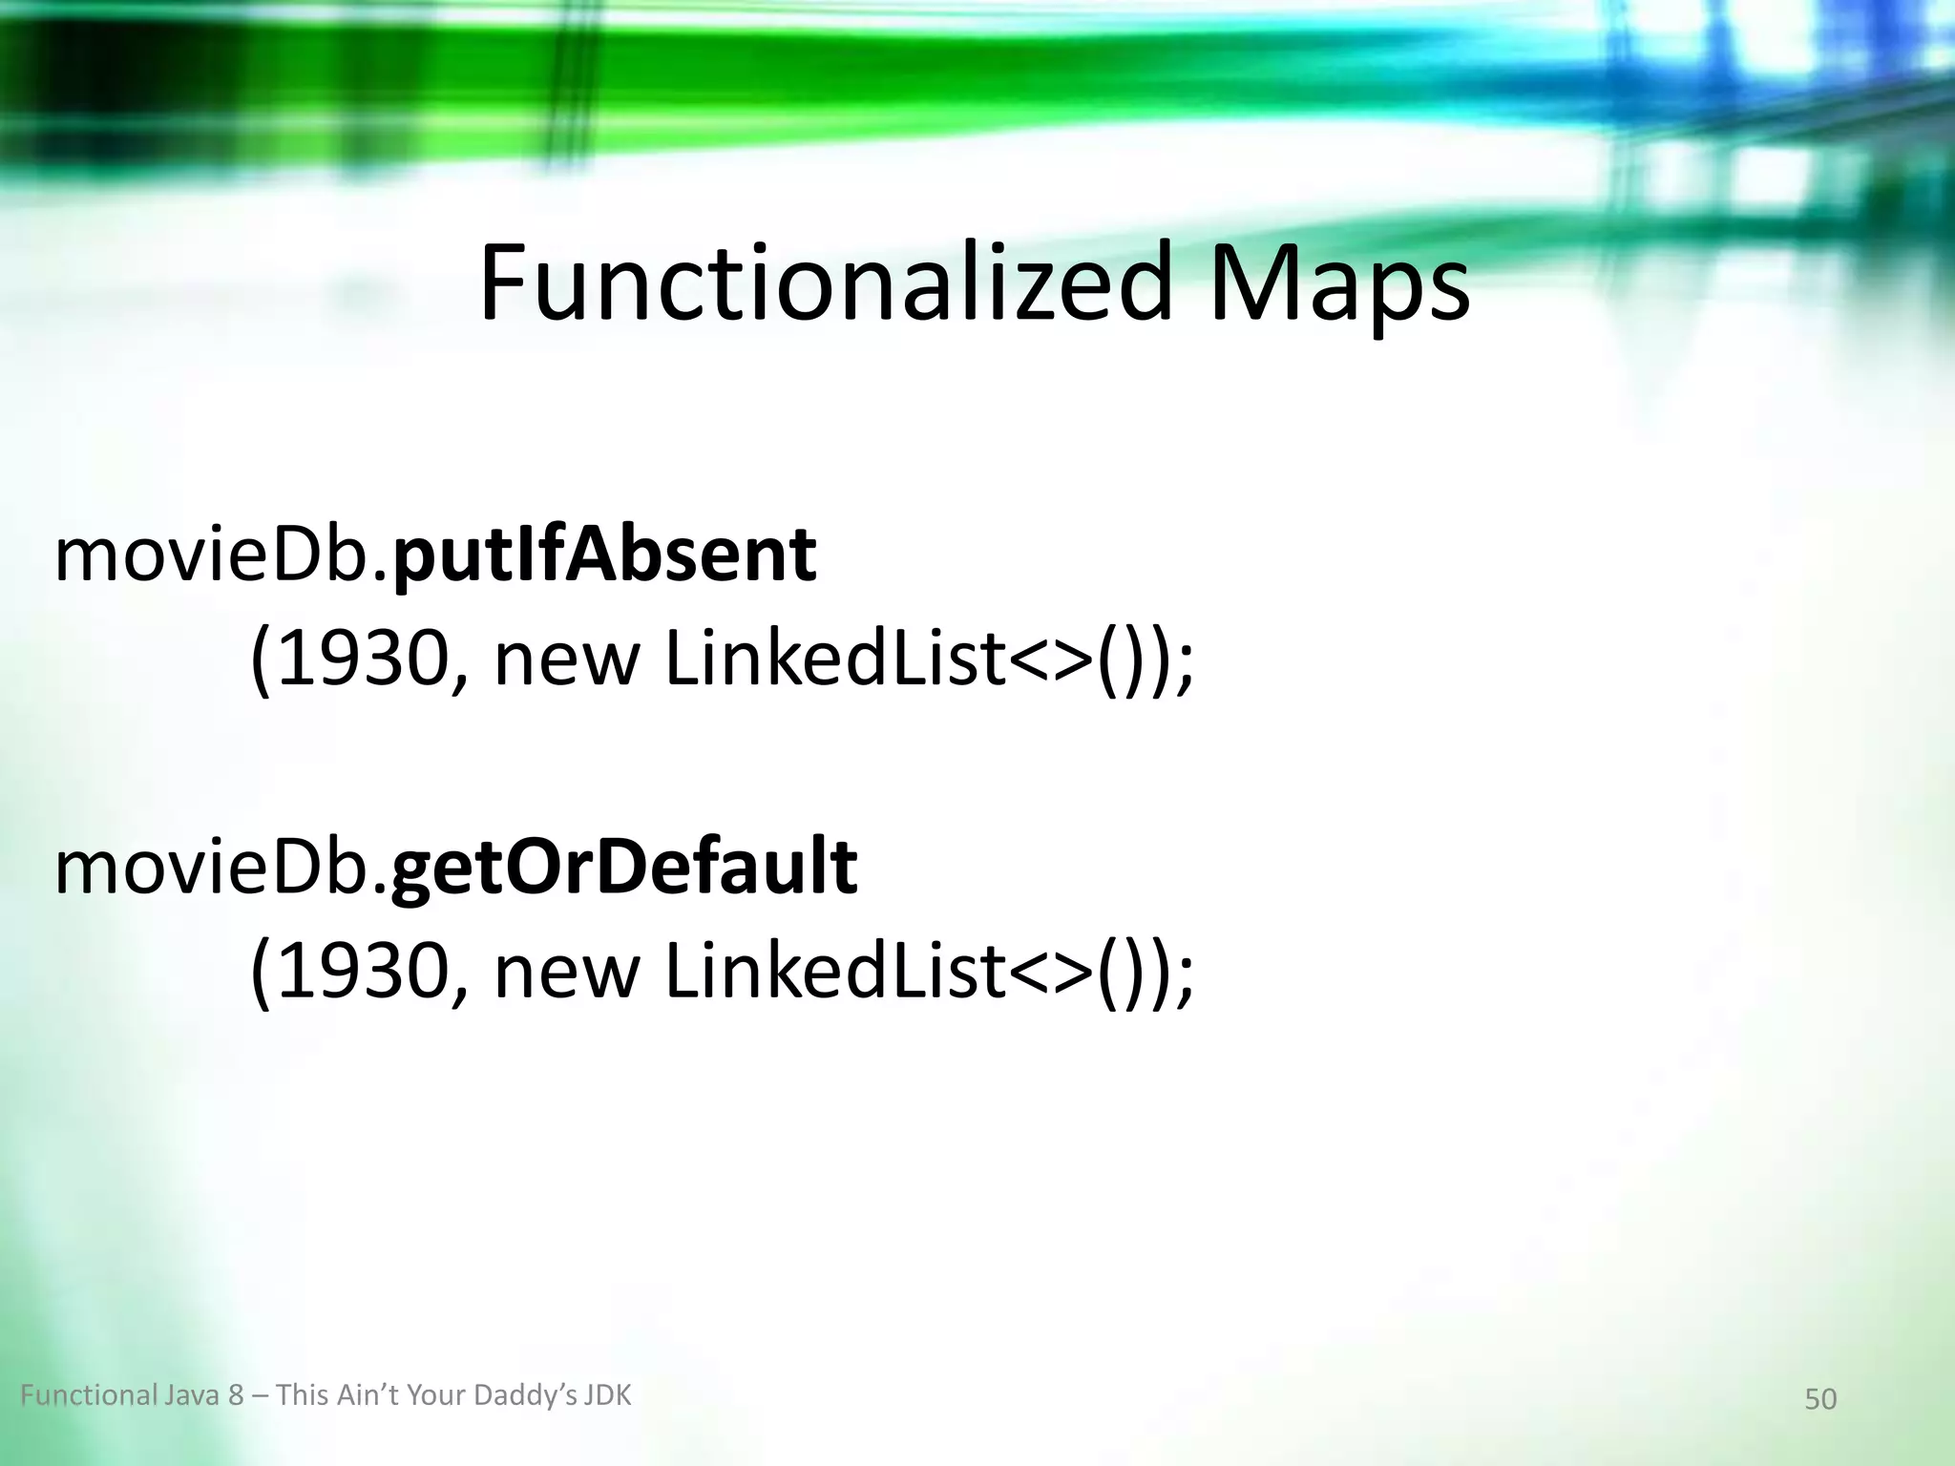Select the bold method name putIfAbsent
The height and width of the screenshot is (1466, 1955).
[x=604, y=555]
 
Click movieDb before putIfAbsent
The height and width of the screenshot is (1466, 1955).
[x=221, y=555]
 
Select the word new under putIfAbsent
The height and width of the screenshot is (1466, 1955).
[x=565, y=661]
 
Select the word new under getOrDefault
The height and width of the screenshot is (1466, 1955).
[x=565, y=973]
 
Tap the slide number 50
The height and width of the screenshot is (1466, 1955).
[x=1820, y=1399]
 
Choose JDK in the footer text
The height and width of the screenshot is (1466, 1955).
[x=608, y=1395]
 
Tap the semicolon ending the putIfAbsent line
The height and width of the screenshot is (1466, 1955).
[x=1185, y=668]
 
